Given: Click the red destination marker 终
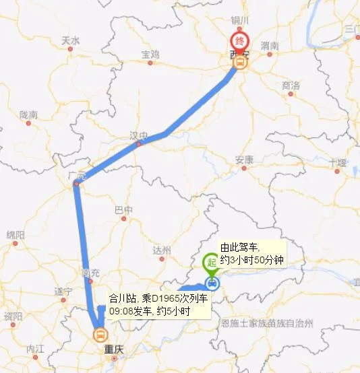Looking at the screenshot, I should [239, 40].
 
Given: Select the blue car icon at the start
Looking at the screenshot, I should [212, 283].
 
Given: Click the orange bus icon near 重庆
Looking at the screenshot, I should [100, 333].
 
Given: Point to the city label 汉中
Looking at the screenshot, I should [138, 135].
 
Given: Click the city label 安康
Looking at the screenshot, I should [243, 160].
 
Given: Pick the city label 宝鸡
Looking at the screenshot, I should [150, 54].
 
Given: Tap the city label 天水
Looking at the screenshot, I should [71, 40].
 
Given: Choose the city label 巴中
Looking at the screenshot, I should [124, 209].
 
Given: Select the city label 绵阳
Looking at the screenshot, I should [16, 234].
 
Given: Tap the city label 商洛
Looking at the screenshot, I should [291, 86].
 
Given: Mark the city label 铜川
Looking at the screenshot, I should [240, 21].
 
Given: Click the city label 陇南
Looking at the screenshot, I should [29, 115].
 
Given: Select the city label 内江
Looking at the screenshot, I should [35, 349].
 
